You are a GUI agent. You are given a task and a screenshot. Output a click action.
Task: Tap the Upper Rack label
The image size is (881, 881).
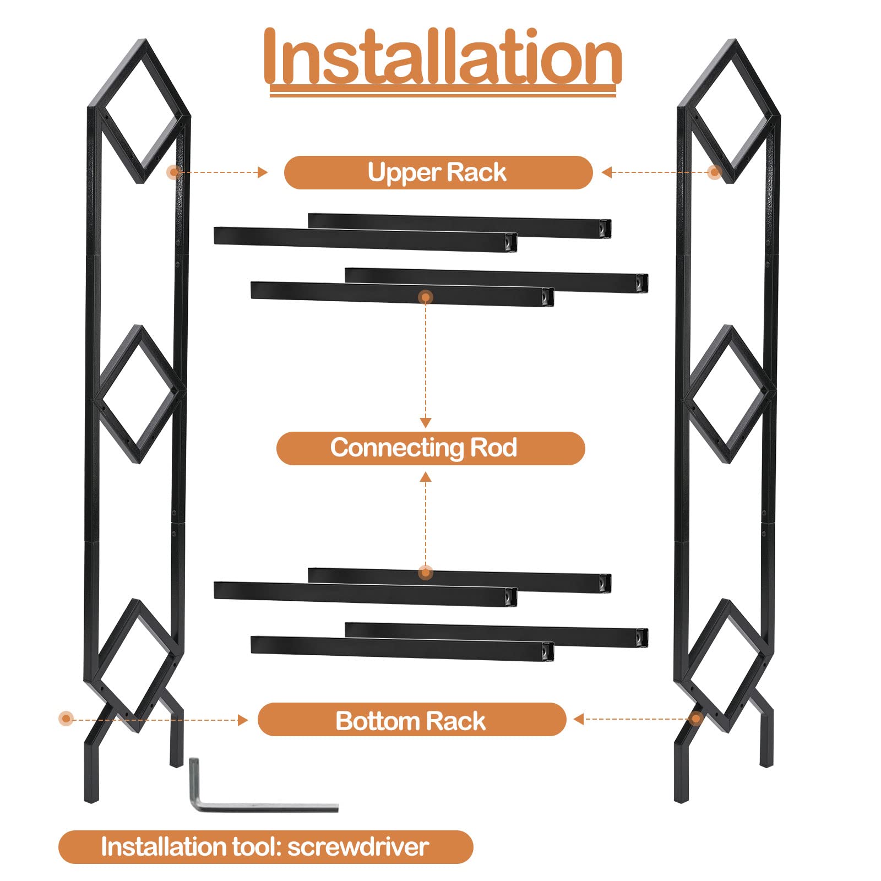437,172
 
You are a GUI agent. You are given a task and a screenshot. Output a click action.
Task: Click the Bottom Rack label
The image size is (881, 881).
411,721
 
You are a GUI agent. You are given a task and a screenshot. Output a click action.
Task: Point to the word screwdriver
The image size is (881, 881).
358,847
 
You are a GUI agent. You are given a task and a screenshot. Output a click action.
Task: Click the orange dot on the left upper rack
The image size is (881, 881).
174,172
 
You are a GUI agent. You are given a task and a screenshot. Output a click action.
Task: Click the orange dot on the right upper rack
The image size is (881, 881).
715,172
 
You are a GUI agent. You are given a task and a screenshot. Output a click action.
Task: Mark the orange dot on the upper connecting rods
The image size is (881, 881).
426,297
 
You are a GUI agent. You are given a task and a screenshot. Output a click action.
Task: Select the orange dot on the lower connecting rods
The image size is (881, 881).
425,573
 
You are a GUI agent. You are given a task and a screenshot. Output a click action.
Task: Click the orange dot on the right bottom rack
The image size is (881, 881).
696,719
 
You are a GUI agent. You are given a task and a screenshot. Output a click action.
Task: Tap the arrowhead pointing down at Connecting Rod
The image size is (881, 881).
426,423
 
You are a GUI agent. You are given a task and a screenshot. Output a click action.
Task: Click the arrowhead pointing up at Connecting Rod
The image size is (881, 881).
426,477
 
